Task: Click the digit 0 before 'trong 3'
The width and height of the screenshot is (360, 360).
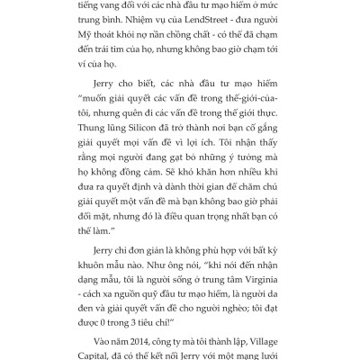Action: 124,319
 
